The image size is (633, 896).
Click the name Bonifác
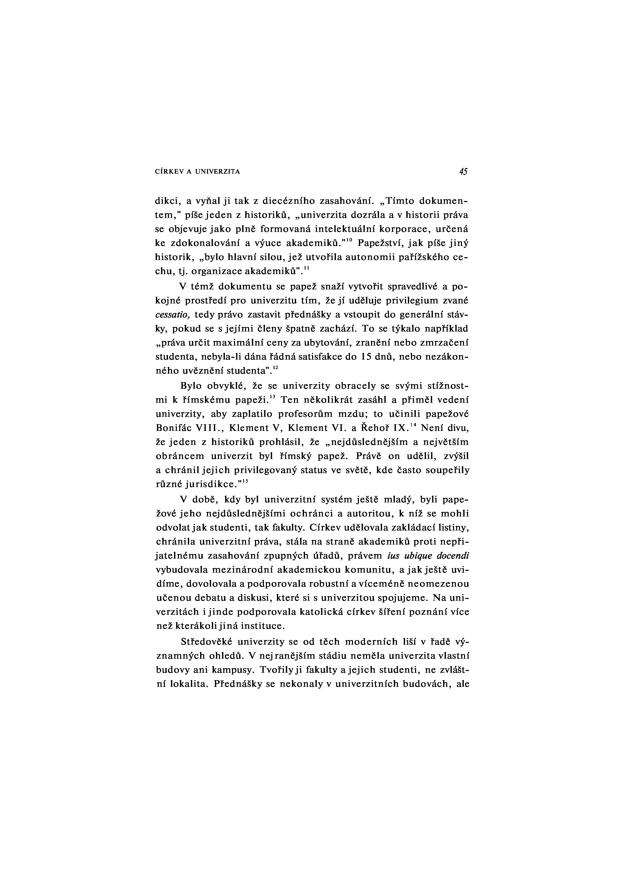[x=174, y=428]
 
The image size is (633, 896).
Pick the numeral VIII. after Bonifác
[x=211, y=428]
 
